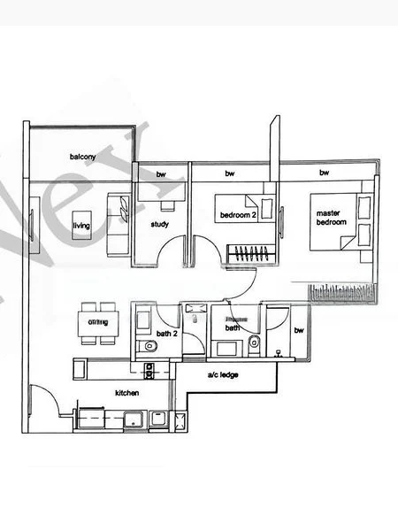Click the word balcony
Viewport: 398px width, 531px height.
(x=82, y=158)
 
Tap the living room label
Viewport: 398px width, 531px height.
(x=80, y=226)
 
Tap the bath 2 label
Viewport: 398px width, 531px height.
(x=165, y=332)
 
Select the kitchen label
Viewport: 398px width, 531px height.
(x=127, y=391)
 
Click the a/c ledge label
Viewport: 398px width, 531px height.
(x=223, y=374)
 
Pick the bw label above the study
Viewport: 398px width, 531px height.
(x=161, y=174)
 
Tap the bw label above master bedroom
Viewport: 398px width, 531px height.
(x=324, y=173)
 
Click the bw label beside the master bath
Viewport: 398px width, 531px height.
(x=298, y=331)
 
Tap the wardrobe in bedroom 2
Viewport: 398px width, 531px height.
(x=249, y=255)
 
